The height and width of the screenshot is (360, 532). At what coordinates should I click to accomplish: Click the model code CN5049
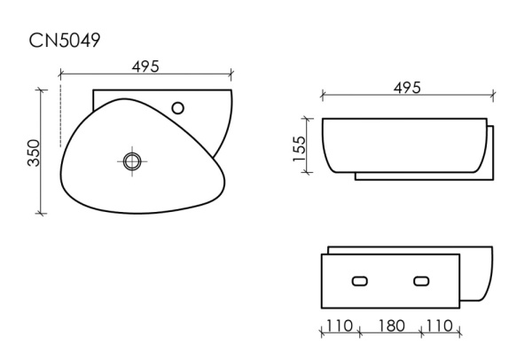point(66,39)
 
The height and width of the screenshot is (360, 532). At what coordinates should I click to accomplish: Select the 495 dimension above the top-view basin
point(145,66)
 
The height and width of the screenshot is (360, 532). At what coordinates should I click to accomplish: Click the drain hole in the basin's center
point(132,160)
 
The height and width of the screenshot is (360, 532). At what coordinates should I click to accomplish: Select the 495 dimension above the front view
point(406,87)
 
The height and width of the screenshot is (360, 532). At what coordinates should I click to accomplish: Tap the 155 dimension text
point(300,146)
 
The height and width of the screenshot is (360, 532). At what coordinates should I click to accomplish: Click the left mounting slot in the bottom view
point(359,281)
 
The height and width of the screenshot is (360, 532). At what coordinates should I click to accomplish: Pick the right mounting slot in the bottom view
point(419,281)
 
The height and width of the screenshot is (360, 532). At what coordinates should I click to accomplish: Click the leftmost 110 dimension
point(340,325)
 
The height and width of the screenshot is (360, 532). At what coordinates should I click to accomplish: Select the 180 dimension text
point(389,325)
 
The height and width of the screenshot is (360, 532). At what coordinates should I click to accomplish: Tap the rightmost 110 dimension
point(440,325)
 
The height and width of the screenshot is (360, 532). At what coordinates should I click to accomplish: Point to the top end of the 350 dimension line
point(41,89)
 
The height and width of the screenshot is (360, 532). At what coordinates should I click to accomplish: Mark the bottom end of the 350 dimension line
point(41,213)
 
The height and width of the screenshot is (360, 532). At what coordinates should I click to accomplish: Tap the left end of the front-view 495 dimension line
point(322,94)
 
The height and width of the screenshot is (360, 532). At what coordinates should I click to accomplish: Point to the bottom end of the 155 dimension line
point(307,172)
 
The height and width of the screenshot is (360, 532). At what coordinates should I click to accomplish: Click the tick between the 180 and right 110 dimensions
point(419,333)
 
